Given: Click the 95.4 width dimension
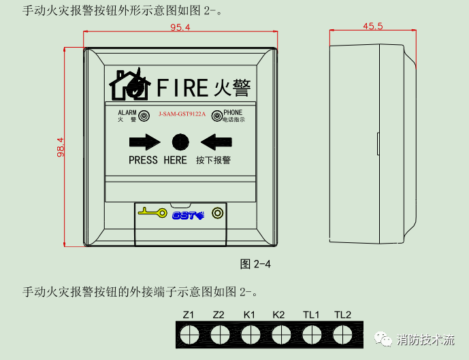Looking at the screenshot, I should click(180, 27).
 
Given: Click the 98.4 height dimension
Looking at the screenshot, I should click(61, 146).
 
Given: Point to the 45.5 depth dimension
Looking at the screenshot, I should click(372, 27).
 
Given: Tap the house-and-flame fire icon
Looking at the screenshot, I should click(130, 84).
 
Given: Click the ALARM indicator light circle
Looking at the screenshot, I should click(144, 116).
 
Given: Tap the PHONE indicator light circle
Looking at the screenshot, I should click(216, 116).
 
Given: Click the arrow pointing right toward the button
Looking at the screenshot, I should click(144, 142).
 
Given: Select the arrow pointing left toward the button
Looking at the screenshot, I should click(217, 142).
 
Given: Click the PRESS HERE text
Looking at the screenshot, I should click(157, 161).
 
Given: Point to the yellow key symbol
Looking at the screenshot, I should click(152, 213).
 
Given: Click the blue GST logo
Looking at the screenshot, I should click(189, 215).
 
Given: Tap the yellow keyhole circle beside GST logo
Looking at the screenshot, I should click(217, 213).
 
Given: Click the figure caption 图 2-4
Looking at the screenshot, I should click(256, 264).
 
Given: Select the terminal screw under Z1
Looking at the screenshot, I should click(189, 334).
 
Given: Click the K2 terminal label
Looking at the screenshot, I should click(278, 315).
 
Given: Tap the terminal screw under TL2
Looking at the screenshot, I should click(342, 334).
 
